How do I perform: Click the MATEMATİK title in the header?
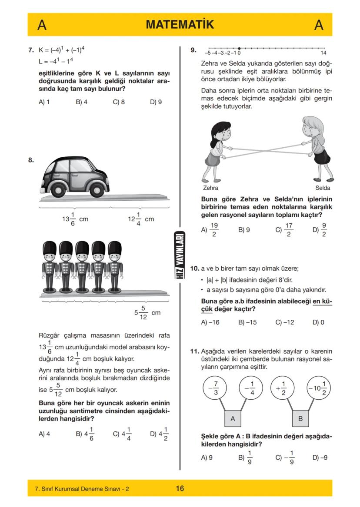180,25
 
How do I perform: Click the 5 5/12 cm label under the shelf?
147,313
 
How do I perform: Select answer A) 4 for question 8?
44,434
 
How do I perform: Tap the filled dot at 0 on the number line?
240,48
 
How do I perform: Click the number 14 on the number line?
329,53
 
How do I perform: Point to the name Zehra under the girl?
210,188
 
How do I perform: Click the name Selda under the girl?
323,188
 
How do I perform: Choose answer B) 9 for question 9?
244,230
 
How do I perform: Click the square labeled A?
233,418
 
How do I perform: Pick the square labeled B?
300,418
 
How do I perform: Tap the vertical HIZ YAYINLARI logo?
180,252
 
